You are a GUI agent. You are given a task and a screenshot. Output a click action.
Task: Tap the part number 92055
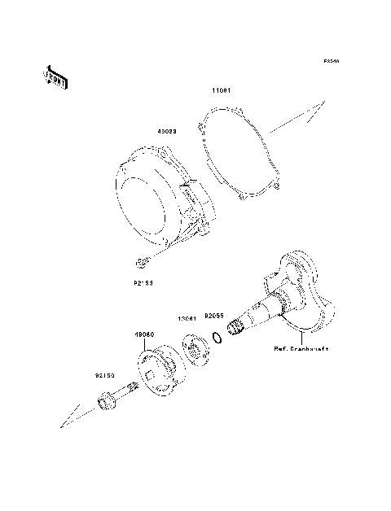tap(213, 312)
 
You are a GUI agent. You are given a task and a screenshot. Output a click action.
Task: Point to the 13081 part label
tap(188, 319)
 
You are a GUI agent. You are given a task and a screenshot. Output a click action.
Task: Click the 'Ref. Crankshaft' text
tap(301, 349)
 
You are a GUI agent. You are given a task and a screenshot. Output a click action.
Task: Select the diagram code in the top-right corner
tap(329, 61)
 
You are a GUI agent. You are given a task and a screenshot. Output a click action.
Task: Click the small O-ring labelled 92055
tap(216, 336)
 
